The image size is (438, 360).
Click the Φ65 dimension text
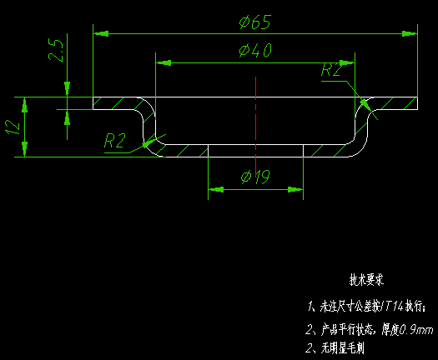click(254, 22)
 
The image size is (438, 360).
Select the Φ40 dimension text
click(254, 51)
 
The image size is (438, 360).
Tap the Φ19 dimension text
click(254, 177)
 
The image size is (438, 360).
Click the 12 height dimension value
click(12, 127)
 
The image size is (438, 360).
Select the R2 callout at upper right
click(331, 71)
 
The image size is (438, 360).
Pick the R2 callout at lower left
click(114, 141)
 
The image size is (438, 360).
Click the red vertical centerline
click(255, 117)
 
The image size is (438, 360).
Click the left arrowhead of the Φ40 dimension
click(164, 62)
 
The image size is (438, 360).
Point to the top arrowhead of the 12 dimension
click(25, 102)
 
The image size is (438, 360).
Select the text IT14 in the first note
click(391, 306)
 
